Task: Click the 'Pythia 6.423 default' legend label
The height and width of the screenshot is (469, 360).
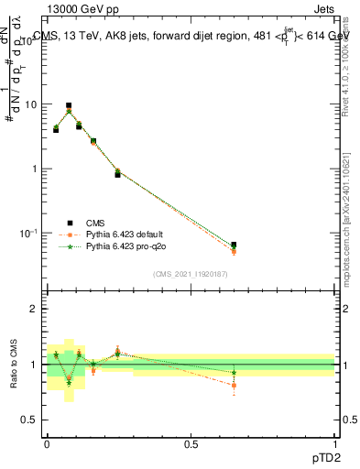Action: point(128,234)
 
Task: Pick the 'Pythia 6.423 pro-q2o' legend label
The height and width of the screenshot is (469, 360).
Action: point(127,247)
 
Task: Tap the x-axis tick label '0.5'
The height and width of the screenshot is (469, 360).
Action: point(191,443)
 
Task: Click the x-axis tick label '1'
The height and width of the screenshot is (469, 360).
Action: point(334,443)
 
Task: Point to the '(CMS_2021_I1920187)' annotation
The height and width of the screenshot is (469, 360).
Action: point(191,274)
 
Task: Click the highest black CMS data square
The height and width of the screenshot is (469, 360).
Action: point(69,106)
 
